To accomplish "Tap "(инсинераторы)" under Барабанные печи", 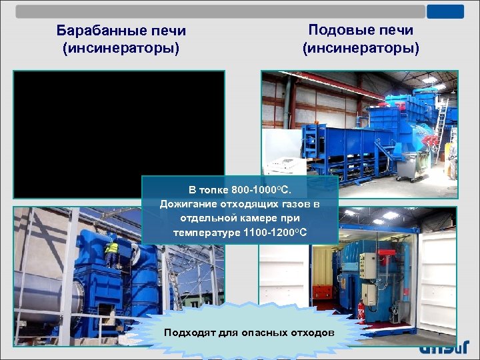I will coord(121,49).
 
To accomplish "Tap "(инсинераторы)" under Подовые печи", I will coord(361,48).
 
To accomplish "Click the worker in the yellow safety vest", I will coord(111,252).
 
